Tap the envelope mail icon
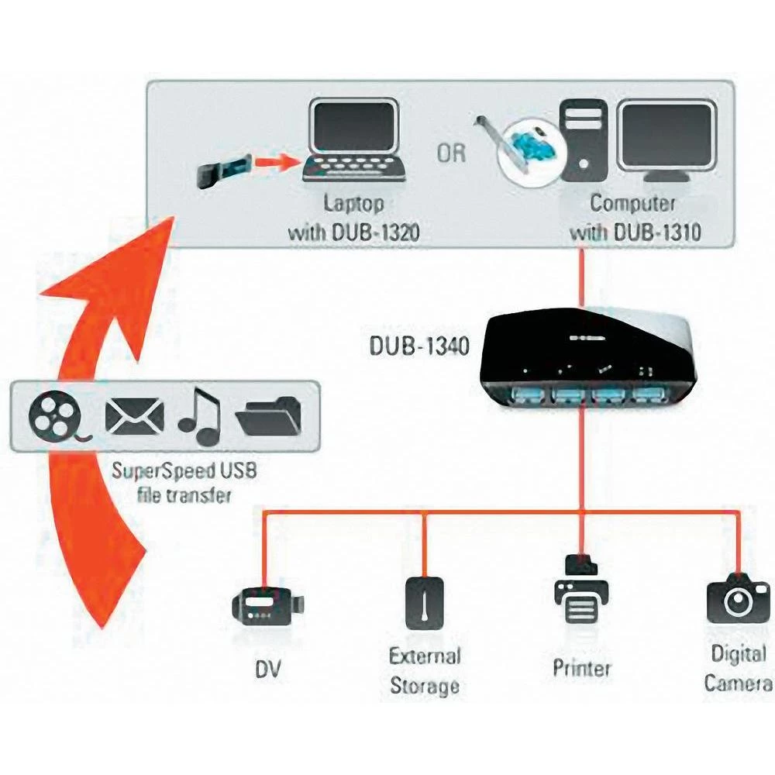coord(134,417)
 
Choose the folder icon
coord(268,418)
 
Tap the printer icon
coord(581,592)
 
